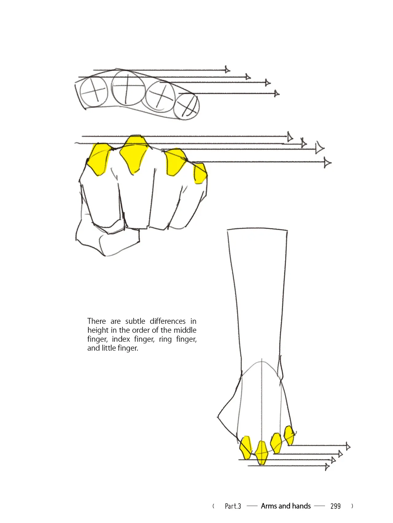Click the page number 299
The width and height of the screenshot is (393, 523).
point(336,506)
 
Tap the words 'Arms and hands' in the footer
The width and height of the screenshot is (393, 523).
point(286,506)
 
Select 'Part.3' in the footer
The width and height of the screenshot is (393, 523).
point(233,506)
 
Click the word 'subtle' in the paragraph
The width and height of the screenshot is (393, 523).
point(135,321)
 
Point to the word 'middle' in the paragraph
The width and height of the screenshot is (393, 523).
point(185,330)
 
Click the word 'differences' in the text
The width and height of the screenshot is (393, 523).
point(168,321)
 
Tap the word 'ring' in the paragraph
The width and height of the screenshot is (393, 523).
point(165,339)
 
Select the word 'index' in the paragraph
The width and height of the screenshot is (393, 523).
point(121,339)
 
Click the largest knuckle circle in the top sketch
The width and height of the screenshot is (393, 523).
point(128,88)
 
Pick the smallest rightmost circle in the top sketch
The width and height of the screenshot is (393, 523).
point(186,106)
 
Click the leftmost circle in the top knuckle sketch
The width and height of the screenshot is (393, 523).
point(94,91)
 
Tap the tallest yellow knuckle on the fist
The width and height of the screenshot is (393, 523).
point(134,153)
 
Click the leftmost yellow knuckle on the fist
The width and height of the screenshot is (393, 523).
point(99,159)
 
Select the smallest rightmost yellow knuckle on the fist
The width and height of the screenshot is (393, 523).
point(200,173)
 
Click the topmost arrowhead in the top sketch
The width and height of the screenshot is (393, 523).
point(227,70)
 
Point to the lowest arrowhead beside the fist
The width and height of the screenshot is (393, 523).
point(328,162)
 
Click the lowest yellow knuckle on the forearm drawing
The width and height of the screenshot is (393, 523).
point(262,453)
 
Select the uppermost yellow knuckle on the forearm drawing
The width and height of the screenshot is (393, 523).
point(289,435)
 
